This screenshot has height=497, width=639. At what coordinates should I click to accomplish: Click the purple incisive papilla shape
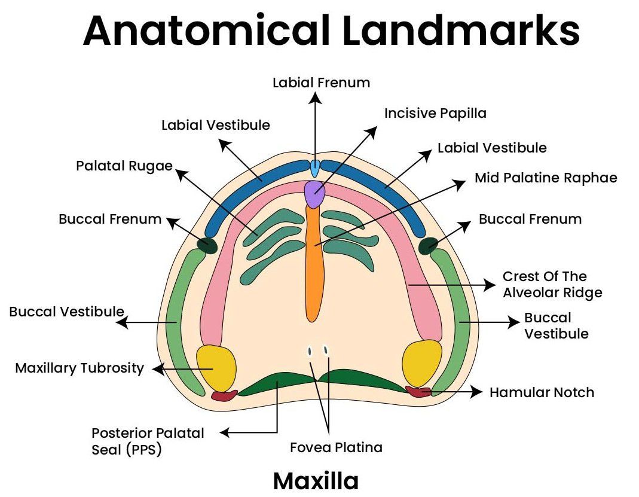pyautogui.click(x=314, y=193)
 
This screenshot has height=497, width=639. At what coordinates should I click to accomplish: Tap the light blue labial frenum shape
pyautogui.click(x=315, y=168)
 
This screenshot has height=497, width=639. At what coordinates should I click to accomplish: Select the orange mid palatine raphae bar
pyautogui.click(x=313, y=263)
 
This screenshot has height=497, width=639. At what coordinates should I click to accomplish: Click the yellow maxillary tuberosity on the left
pyautogui.click(x=216, y=366)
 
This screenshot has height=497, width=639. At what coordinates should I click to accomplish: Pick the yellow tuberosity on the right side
pyautogui.click(x=422, y=362)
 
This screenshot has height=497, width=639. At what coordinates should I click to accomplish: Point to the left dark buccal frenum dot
pyautogui.click(x=207, y=245)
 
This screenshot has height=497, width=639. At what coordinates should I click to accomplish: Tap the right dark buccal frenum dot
pyautogui.click(x=427, y=245)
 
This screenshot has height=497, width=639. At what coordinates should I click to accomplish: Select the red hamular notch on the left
pyautogui.click(x=224, y=395)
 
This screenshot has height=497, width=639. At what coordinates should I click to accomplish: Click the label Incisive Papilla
pyautogui.click(x=435, y=113)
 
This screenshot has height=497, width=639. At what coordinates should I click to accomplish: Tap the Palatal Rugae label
pyautogui.click(x=124, y=165)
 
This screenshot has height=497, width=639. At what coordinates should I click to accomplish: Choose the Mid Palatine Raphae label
pyautogui.click(x=545, y=178)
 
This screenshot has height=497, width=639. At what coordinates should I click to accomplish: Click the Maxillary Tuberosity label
pyautogui.click(x=80, y=368)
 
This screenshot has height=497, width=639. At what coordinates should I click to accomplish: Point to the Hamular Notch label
pyautogui.click(x=542, y=392)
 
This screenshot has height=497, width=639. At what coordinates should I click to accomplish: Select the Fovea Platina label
pyautogui.click(x=336, y=447)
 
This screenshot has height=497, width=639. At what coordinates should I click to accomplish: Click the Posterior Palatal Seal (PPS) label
pyautogui.click(x=148, y=441)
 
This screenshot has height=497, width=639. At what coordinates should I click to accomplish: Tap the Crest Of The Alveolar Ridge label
pyautogui.click(x=552, y=285)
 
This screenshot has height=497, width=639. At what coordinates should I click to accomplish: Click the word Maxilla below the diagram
pyautogui.click(x=316, y=481)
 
